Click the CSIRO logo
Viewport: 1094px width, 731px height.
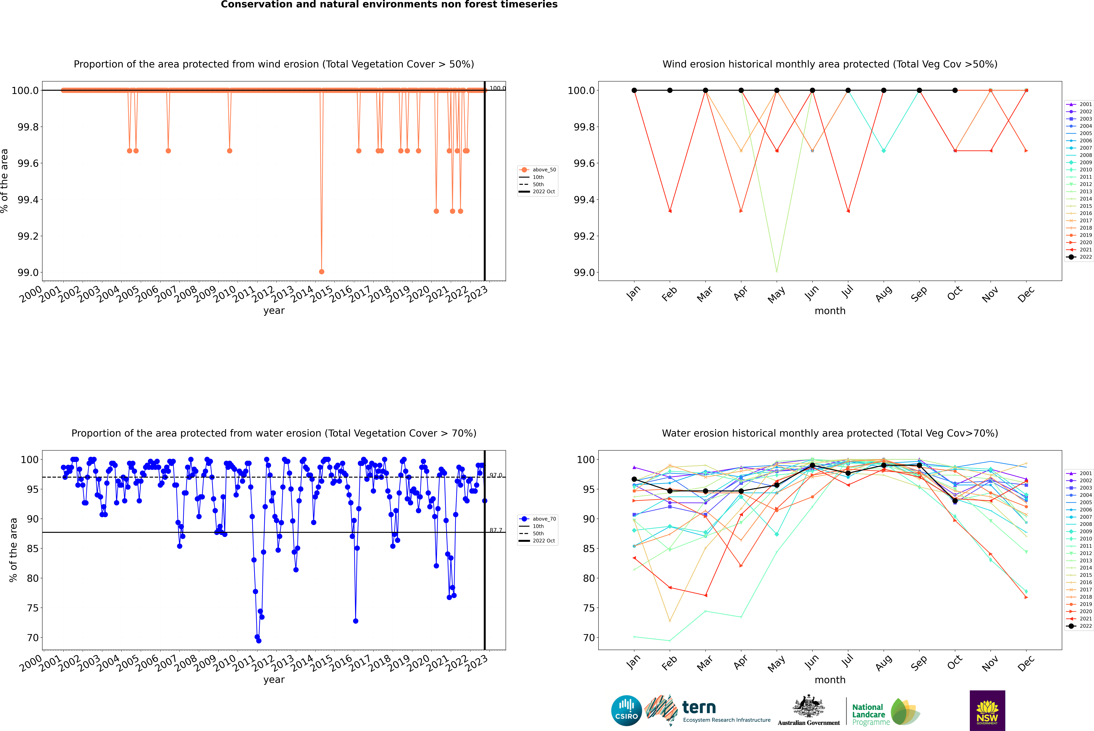(x=626, y=711)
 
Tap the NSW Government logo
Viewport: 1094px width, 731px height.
(x=987, y=711)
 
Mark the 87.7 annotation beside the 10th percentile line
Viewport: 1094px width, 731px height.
(x=496, y=530)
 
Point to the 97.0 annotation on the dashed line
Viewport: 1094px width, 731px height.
(x=496, y=475)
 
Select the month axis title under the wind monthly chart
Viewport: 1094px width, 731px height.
(x=830, y=311)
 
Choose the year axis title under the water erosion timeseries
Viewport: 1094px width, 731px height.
(x=274, y=680)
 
